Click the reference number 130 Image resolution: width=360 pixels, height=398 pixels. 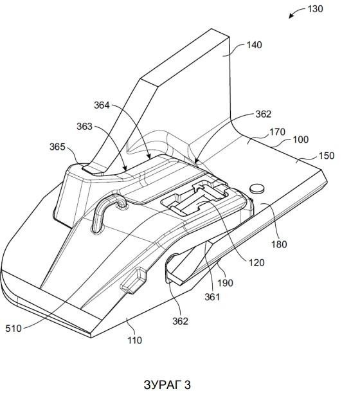point(316,9)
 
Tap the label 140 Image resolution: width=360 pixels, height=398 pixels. point(254,45)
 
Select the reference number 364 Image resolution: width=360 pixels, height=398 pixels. point(102,105)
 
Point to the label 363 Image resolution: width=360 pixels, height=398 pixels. point(84,127)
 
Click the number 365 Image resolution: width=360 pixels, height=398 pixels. point(57,147)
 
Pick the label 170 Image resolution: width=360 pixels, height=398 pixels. point(277,132)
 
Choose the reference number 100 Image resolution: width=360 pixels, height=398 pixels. point(301,140)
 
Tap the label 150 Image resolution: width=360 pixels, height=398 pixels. point(327,156)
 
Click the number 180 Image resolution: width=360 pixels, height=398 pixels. point(279,244)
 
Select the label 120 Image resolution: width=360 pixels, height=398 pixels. point(256,262)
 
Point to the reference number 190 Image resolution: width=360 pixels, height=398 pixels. point(225,283)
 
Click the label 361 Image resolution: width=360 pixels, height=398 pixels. point(212,296)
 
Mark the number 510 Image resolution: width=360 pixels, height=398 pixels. point(14,329)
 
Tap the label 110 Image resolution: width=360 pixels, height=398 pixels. point(134,340)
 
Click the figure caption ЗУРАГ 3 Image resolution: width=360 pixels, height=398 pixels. point(167,384)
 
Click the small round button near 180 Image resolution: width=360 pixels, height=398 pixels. point(257,188)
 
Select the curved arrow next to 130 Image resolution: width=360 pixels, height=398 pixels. point(297,12)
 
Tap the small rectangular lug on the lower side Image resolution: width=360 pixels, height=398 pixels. point(133,280)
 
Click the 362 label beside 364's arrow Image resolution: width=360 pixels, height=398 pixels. point(264,114)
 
